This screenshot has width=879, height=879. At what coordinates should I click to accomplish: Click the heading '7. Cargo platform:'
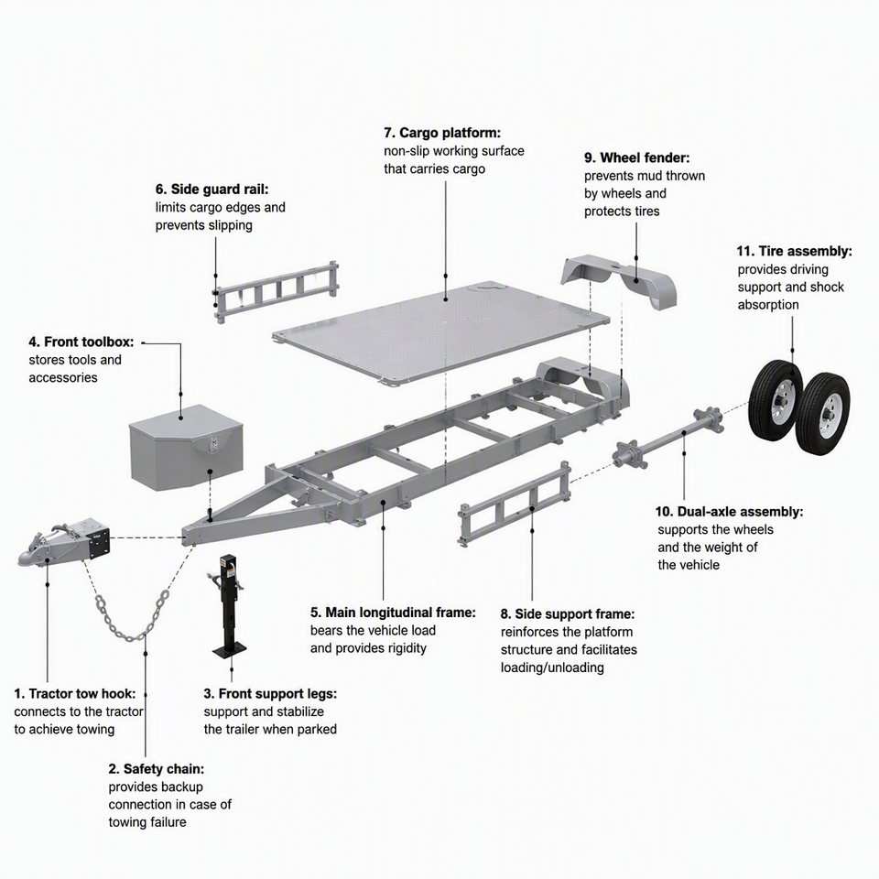pyautogui.click(x=442, y=133)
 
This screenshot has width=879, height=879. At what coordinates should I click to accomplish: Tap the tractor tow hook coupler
pyautogui.click(x=64, y=542)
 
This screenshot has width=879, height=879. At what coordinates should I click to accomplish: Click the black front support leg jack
pyautogui.click(x=229, y=606)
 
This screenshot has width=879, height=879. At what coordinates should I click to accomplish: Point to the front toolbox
pyautogui.click(x=186, y=448)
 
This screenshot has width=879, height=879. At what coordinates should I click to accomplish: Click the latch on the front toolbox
pyautogui.click(x=213, y=444)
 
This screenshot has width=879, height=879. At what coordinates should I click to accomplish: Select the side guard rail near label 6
pyautogui.click(x=277, y=291)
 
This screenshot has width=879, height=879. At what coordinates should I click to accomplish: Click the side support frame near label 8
pyautogui.click(x=515, y=504)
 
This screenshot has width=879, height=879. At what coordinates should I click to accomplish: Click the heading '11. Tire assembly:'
pyautogui.click(x=795, y=251)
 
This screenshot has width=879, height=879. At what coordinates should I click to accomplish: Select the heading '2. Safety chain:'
pyautogui.click(x=157, y=769)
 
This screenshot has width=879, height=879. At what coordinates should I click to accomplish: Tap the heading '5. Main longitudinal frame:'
pyautogui.click(x=393, y=613)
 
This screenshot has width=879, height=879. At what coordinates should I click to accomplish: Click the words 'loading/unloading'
pyautogui.click(x=552, y=667)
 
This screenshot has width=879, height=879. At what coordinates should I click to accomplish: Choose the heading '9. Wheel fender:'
pyautogui.click(x=637, y=157)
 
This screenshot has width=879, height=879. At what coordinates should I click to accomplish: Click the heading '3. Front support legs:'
pyautogui.click(x=270, y=694)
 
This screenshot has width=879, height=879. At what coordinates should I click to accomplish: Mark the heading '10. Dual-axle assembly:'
pyautogui.click(x=730, y=512)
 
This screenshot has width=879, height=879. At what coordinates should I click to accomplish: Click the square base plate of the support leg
pyautogui.click(x=229, y=652)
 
